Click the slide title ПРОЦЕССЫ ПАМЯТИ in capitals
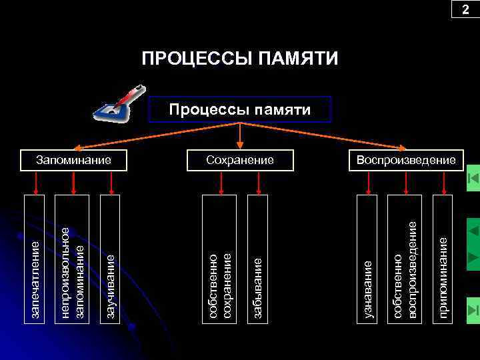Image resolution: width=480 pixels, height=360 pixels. click(x=240, y=59)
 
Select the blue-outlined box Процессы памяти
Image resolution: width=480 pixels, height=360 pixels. click(x=239, y=109)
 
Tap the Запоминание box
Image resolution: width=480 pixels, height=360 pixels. click(x=73, y=160)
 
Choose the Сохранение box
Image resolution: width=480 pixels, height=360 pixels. click(x=240, y=160)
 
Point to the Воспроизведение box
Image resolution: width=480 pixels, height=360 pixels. click(x=406, y=160)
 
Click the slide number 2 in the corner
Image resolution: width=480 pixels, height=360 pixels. click(x=465, y=9)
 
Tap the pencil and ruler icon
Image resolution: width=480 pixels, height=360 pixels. click(x=119, y=103)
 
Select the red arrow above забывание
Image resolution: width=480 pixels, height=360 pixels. click(x=258, y=183)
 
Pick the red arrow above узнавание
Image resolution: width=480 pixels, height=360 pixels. click(x=369, y=183)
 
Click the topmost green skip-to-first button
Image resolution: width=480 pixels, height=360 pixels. click(x=473, y=178)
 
